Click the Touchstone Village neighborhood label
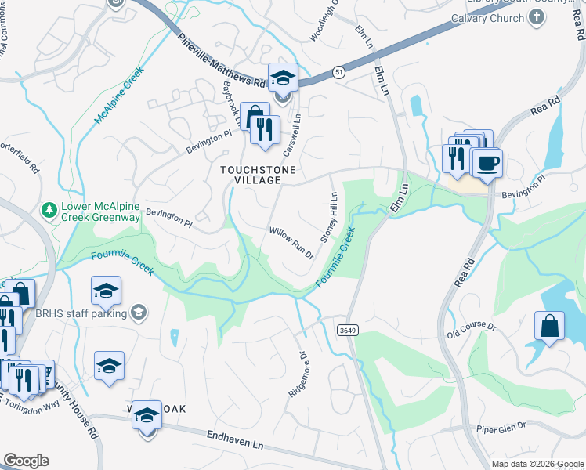(x=251, y=174)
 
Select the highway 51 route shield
(x=337, y=71)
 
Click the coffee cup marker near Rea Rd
(x=487, y=162)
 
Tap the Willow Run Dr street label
(x=291, y=243)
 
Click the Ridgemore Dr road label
(x=297, y=374)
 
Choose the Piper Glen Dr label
(x=501, y=428)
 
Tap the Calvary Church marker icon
(x=537, y=19)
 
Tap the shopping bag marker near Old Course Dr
(x=549, y=325)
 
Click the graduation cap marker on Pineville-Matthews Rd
(x=283, y=78)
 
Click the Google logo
(x=26, y=461)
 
